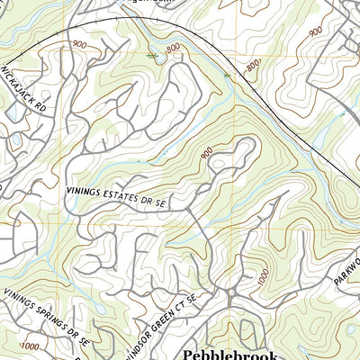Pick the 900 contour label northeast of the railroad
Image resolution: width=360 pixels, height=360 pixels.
point(315,31)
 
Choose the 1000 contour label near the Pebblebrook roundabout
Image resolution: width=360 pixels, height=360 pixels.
point(262,281)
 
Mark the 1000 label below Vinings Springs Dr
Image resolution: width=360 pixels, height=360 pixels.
point(30,345)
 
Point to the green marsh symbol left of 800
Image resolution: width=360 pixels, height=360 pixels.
point(152,56)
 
